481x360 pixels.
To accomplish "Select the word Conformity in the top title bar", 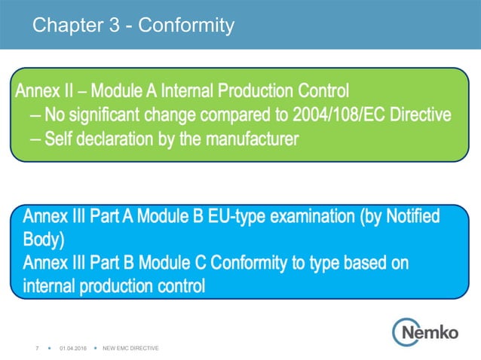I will click(x=187, y=26).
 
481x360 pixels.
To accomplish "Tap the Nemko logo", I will click(x=424, y=330).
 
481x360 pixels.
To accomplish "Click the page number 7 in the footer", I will click(x=37, y=348).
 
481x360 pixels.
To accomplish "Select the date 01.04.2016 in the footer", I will click(x=73, y=348).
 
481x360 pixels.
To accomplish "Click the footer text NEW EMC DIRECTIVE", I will click(x=130, y=348).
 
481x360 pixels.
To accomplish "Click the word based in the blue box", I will click(x=362, y=264).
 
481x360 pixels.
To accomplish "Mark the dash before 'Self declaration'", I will click(x=35, y=139).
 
